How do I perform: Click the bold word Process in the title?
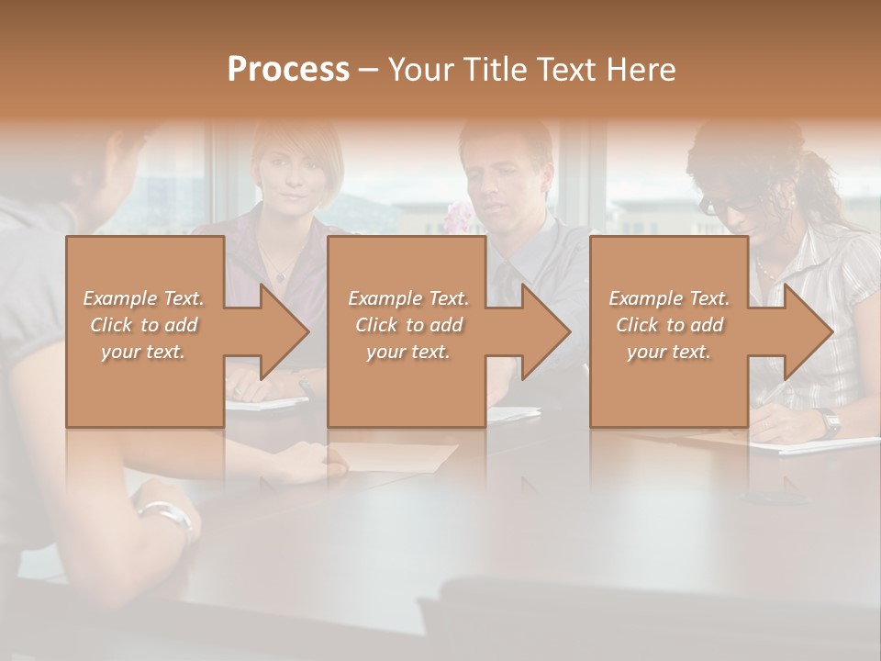point(288,70)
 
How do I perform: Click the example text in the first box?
point(144,325)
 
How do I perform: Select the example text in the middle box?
point(408,325)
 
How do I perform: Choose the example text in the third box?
point(669,325)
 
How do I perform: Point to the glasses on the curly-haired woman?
point(711,204)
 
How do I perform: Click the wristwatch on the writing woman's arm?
point(831,423)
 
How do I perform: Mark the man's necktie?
point(505,275)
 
